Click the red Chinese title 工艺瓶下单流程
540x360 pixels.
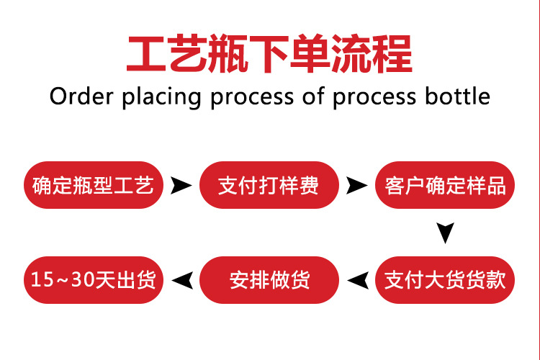270,53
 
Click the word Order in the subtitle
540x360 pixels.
81,96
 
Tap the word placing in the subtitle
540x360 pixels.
162,97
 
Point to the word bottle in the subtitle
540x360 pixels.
457,96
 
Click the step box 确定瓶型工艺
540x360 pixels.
94,185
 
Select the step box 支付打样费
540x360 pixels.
269,185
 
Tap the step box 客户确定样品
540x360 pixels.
445,185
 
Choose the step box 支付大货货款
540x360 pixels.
445,280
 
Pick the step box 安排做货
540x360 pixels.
269,280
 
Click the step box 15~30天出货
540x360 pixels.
94,280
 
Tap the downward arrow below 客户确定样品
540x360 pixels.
445,231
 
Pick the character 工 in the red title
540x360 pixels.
147,54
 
